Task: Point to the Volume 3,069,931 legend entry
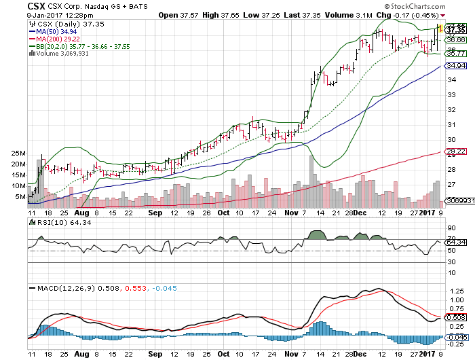(66, 54)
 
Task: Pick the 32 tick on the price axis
(450, 109)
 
